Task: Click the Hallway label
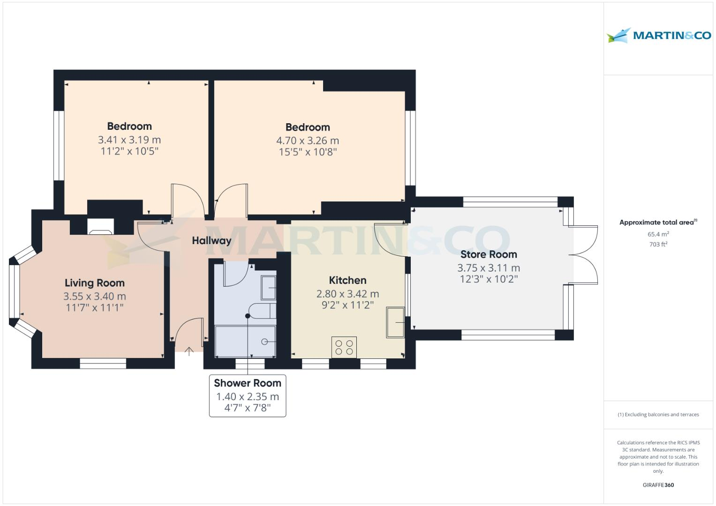click(211, 240)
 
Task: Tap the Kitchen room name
click(347, 280)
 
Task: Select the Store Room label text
click(489, 254)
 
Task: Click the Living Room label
click(95, 283)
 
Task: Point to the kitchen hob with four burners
click(344, 347)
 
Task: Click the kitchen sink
click(395, 322)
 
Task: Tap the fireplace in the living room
click(100, 226)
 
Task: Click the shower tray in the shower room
click(245, 342)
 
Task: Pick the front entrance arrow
click(189, 351)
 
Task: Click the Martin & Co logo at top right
click(658, 36)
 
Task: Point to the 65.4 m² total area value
click(658, 234)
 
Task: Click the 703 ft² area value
click(658, 244)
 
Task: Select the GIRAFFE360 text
click(658, 485)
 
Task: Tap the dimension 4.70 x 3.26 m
click(308, 141)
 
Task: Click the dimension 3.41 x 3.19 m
click(129, 140)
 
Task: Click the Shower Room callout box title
click(248, 383)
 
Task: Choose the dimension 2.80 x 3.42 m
click(347, 294)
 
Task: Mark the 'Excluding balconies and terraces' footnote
click(658, 415)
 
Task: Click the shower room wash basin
click(268, 287)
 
